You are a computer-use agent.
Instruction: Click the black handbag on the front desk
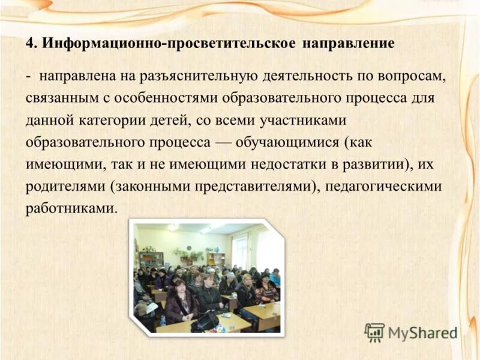pyautogui.click(x=205, y=322)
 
